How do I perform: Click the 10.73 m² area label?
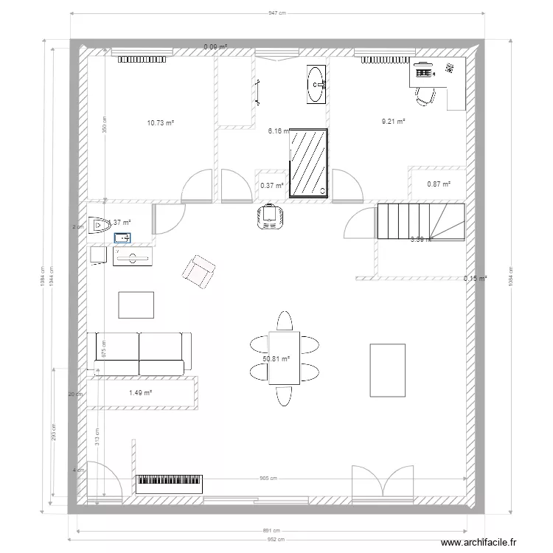160,123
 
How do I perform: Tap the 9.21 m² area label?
394,121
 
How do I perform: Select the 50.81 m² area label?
276,359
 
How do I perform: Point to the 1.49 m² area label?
140,392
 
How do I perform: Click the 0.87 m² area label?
439,184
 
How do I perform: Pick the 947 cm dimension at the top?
276,13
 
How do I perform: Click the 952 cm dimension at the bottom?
276,539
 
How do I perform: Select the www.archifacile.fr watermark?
490,543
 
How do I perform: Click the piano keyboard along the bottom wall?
169,484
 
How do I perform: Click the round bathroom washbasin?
317,86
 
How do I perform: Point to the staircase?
420,220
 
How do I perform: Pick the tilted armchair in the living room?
198,272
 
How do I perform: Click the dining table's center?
284,358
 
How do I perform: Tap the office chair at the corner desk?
426,96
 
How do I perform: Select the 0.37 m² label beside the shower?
272,186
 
